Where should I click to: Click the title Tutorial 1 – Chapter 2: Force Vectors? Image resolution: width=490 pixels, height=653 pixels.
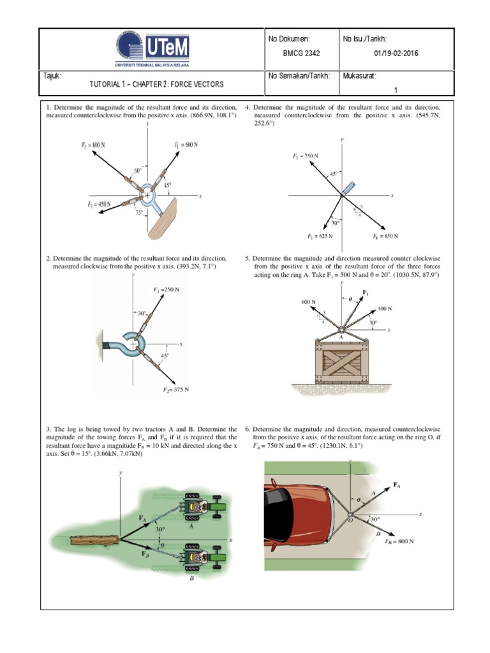click(156, 84)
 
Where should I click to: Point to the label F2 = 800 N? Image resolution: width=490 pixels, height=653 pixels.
click(93, 145)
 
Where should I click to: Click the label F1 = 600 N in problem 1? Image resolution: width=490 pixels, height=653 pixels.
click(186, 145)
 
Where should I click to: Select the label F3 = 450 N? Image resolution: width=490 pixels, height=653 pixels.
click(99, 204)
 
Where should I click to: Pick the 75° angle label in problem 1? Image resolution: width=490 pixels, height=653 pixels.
click(139, 214)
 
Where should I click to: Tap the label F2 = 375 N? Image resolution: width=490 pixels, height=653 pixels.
click(176, 389)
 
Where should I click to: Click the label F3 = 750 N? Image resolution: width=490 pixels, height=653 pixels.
click(306, 156)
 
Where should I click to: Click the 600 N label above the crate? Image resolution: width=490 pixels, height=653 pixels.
click(308, 302)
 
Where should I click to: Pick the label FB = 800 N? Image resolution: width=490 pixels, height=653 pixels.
click(399, 541)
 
